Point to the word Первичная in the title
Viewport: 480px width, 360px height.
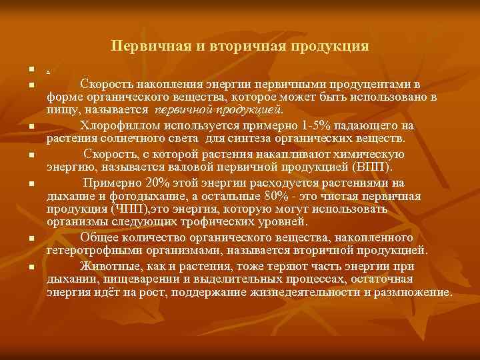[x=143, y=47]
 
